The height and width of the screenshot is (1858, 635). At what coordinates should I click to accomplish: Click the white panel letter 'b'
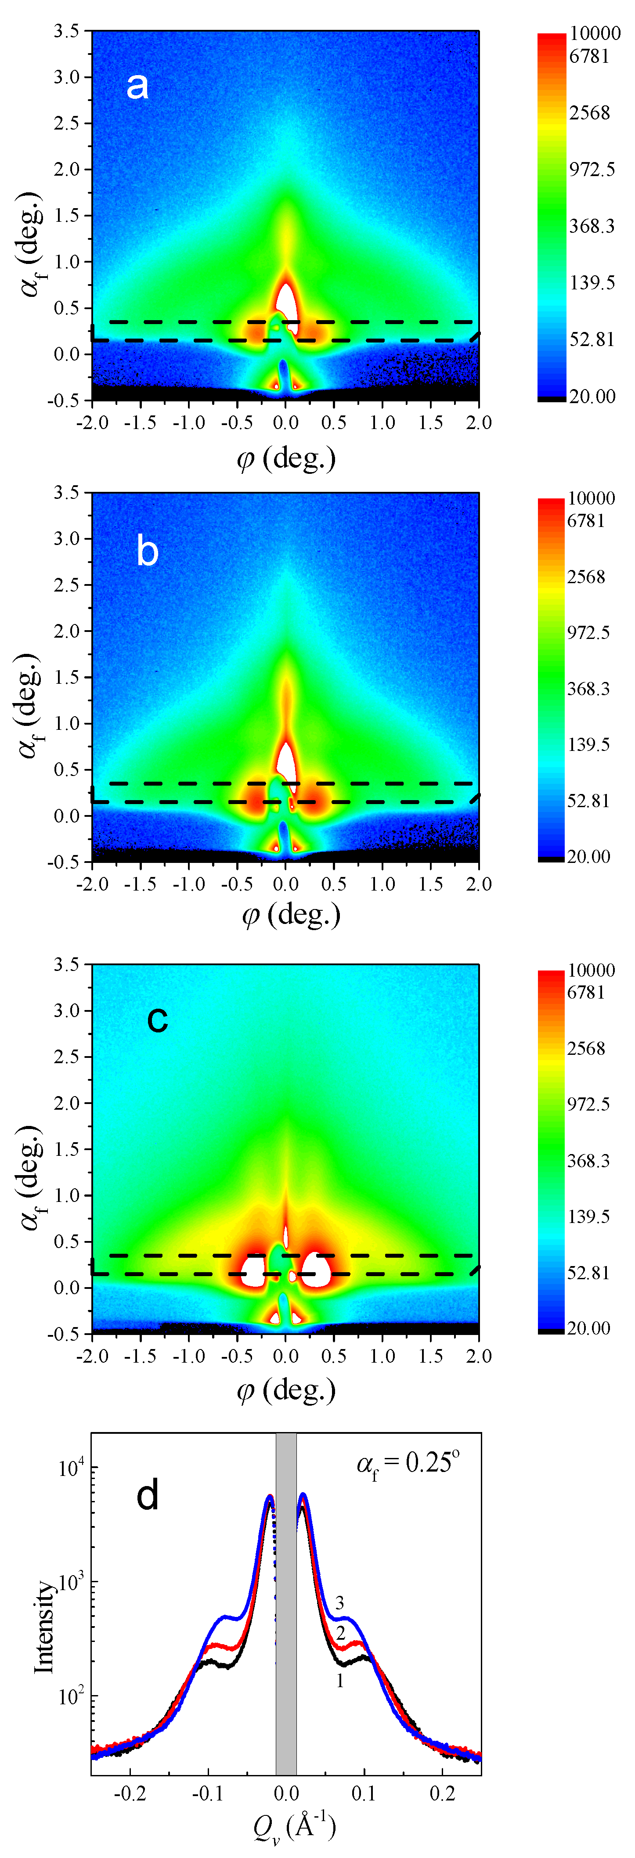pyautogui.click(x=147, y=552)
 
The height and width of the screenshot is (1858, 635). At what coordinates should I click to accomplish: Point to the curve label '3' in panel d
pyautogui.click(x=340, y=1603)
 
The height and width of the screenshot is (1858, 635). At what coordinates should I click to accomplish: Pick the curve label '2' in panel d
pyautogui.click(x=340, y=1633)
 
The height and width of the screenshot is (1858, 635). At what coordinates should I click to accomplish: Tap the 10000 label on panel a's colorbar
pyautogui.click(x=595, y=33)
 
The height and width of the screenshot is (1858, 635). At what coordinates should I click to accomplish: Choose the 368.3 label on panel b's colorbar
pyautogui.click(x=588, y=689)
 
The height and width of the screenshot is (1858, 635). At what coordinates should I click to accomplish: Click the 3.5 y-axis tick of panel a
pyautogui.click(x=67, y=31)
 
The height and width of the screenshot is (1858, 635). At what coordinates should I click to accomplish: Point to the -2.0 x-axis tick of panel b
pyautogui.click(x=92, y=884)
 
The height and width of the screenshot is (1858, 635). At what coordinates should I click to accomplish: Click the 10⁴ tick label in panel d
pyautogui.click(x=71, y=1467)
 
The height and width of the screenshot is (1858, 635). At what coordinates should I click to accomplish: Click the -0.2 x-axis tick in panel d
pyautogui.click(x=130, y=1794)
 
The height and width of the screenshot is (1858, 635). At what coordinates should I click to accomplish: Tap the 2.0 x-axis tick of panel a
pyautogui.click(x=478, y=422)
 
